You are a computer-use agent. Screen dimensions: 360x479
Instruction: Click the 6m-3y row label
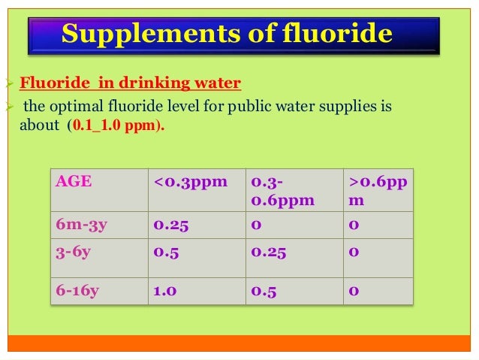[x=81, y=224]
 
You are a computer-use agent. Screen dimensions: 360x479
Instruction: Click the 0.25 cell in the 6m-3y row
[x=170, y=224]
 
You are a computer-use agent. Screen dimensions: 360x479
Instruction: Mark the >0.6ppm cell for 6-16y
[x=353, y=290]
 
